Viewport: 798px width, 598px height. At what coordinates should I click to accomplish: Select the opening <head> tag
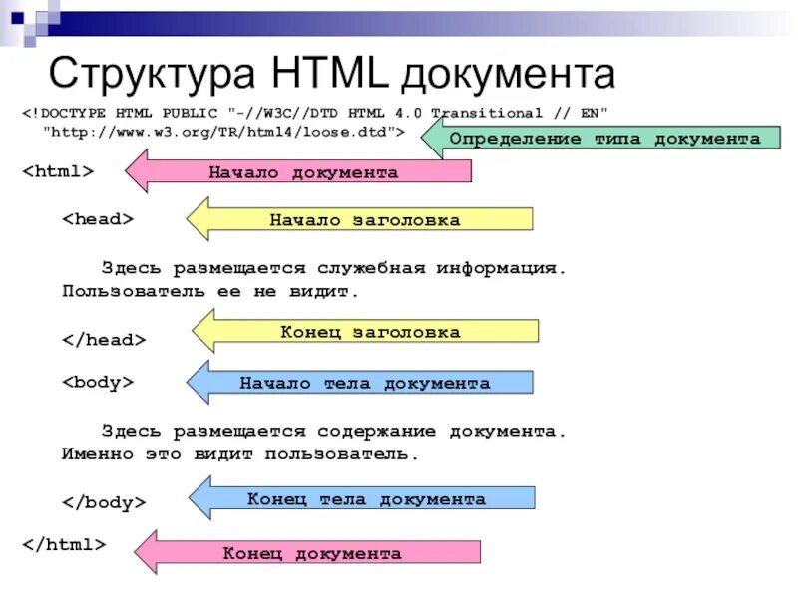tap(99, 219)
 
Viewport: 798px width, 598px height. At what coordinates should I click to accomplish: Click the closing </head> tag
tap(104, 340)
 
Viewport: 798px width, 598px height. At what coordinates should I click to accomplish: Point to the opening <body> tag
tap(99, 382)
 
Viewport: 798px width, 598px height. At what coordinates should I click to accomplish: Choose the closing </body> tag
tap(104, 502)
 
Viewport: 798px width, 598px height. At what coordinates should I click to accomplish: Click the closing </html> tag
tap(63, 544)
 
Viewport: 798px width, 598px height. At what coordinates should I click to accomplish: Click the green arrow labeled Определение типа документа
tap(603, 139)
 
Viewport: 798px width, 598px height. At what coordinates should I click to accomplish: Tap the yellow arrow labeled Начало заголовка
tap(364, 220)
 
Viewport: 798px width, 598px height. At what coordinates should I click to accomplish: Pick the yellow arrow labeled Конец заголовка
tap(369, 332)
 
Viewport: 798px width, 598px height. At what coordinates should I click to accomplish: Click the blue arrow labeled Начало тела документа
tap(364, 383)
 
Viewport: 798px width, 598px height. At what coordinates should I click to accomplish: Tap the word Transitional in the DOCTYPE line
tap(484, 113)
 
